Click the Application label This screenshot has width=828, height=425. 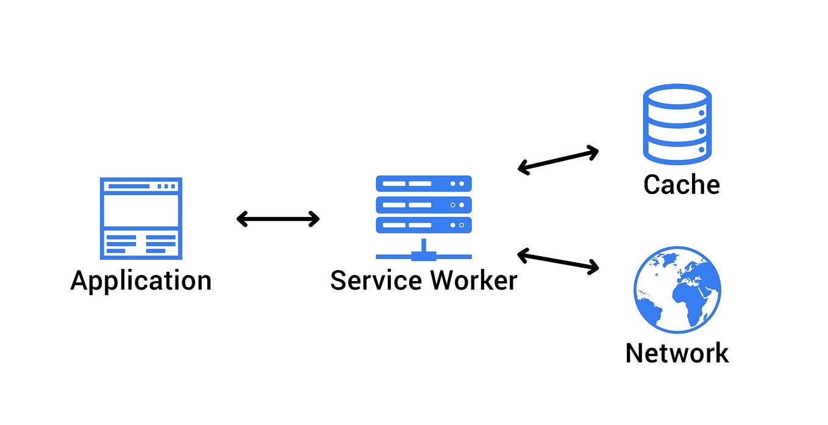[141, 281]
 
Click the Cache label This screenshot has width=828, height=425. [681, 184]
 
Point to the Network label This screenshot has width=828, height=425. [677, 352]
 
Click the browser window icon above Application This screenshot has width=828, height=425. [141, 218]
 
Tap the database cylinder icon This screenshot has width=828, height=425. [677, 125]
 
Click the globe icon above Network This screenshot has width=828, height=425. [677, 290]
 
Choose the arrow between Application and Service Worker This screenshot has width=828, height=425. [278, 219]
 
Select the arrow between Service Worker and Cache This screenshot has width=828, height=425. [558, 160]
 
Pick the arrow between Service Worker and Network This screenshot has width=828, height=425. [558, 260]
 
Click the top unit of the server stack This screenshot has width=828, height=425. [424, 184]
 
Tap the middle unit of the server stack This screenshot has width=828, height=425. [424, 205]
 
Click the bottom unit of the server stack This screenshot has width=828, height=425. [424, 225]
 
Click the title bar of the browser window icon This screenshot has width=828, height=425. [141, 186]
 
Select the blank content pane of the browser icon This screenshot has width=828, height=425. [141, 210]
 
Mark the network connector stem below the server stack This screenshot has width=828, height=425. [424, 248]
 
